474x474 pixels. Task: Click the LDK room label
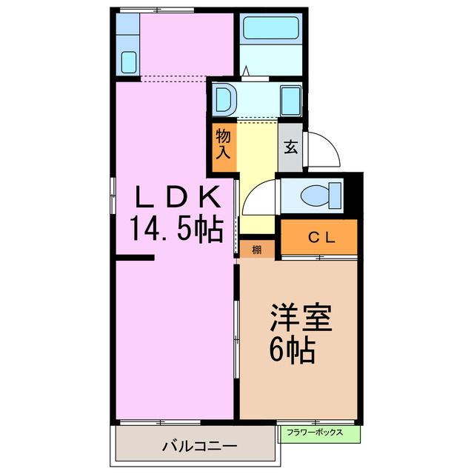177,198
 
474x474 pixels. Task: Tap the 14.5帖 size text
177,230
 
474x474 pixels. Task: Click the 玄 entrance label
290,146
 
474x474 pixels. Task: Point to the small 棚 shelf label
256,250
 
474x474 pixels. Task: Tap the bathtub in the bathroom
271,30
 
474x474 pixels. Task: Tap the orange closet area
318,237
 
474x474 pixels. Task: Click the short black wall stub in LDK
135,258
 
